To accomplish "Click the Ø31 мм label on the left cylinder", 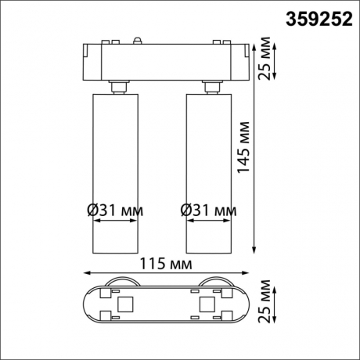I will tap(116, 210).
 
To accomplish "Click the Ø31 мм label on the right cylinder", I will tap(209, 210).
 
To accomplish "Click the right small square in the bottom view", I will tap(207, 304).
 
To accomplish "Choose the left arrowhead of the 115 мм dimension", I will tap(85, 274).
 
